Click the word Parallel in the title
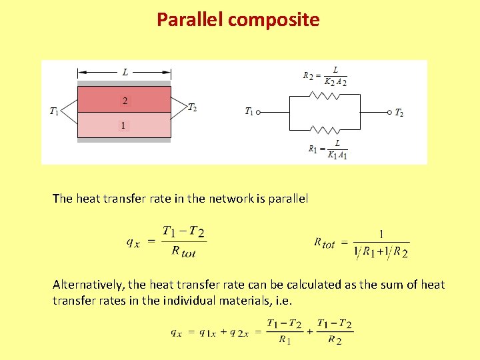190,20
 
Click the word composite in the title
274,20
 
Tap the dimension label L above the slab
125,72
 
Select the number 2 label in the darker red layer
125,101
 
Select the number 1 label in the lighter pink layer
123,125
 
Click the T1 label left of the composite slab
54,111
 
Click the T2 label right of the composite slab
192,107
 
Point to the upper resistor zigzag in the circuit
325,95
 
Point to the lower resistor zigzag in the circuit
325,129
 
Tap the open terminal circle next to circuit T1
258,113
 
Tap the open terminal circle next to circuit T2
389,113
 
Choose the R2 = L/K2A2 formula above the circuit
325,76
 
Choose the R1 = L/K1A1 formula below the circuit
328,149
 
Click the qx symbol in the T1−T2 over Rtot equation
133,242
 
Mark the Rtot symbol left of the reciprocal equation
325,243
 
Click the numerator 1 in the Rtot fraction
381,234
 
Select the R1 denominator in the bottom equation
285,340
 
